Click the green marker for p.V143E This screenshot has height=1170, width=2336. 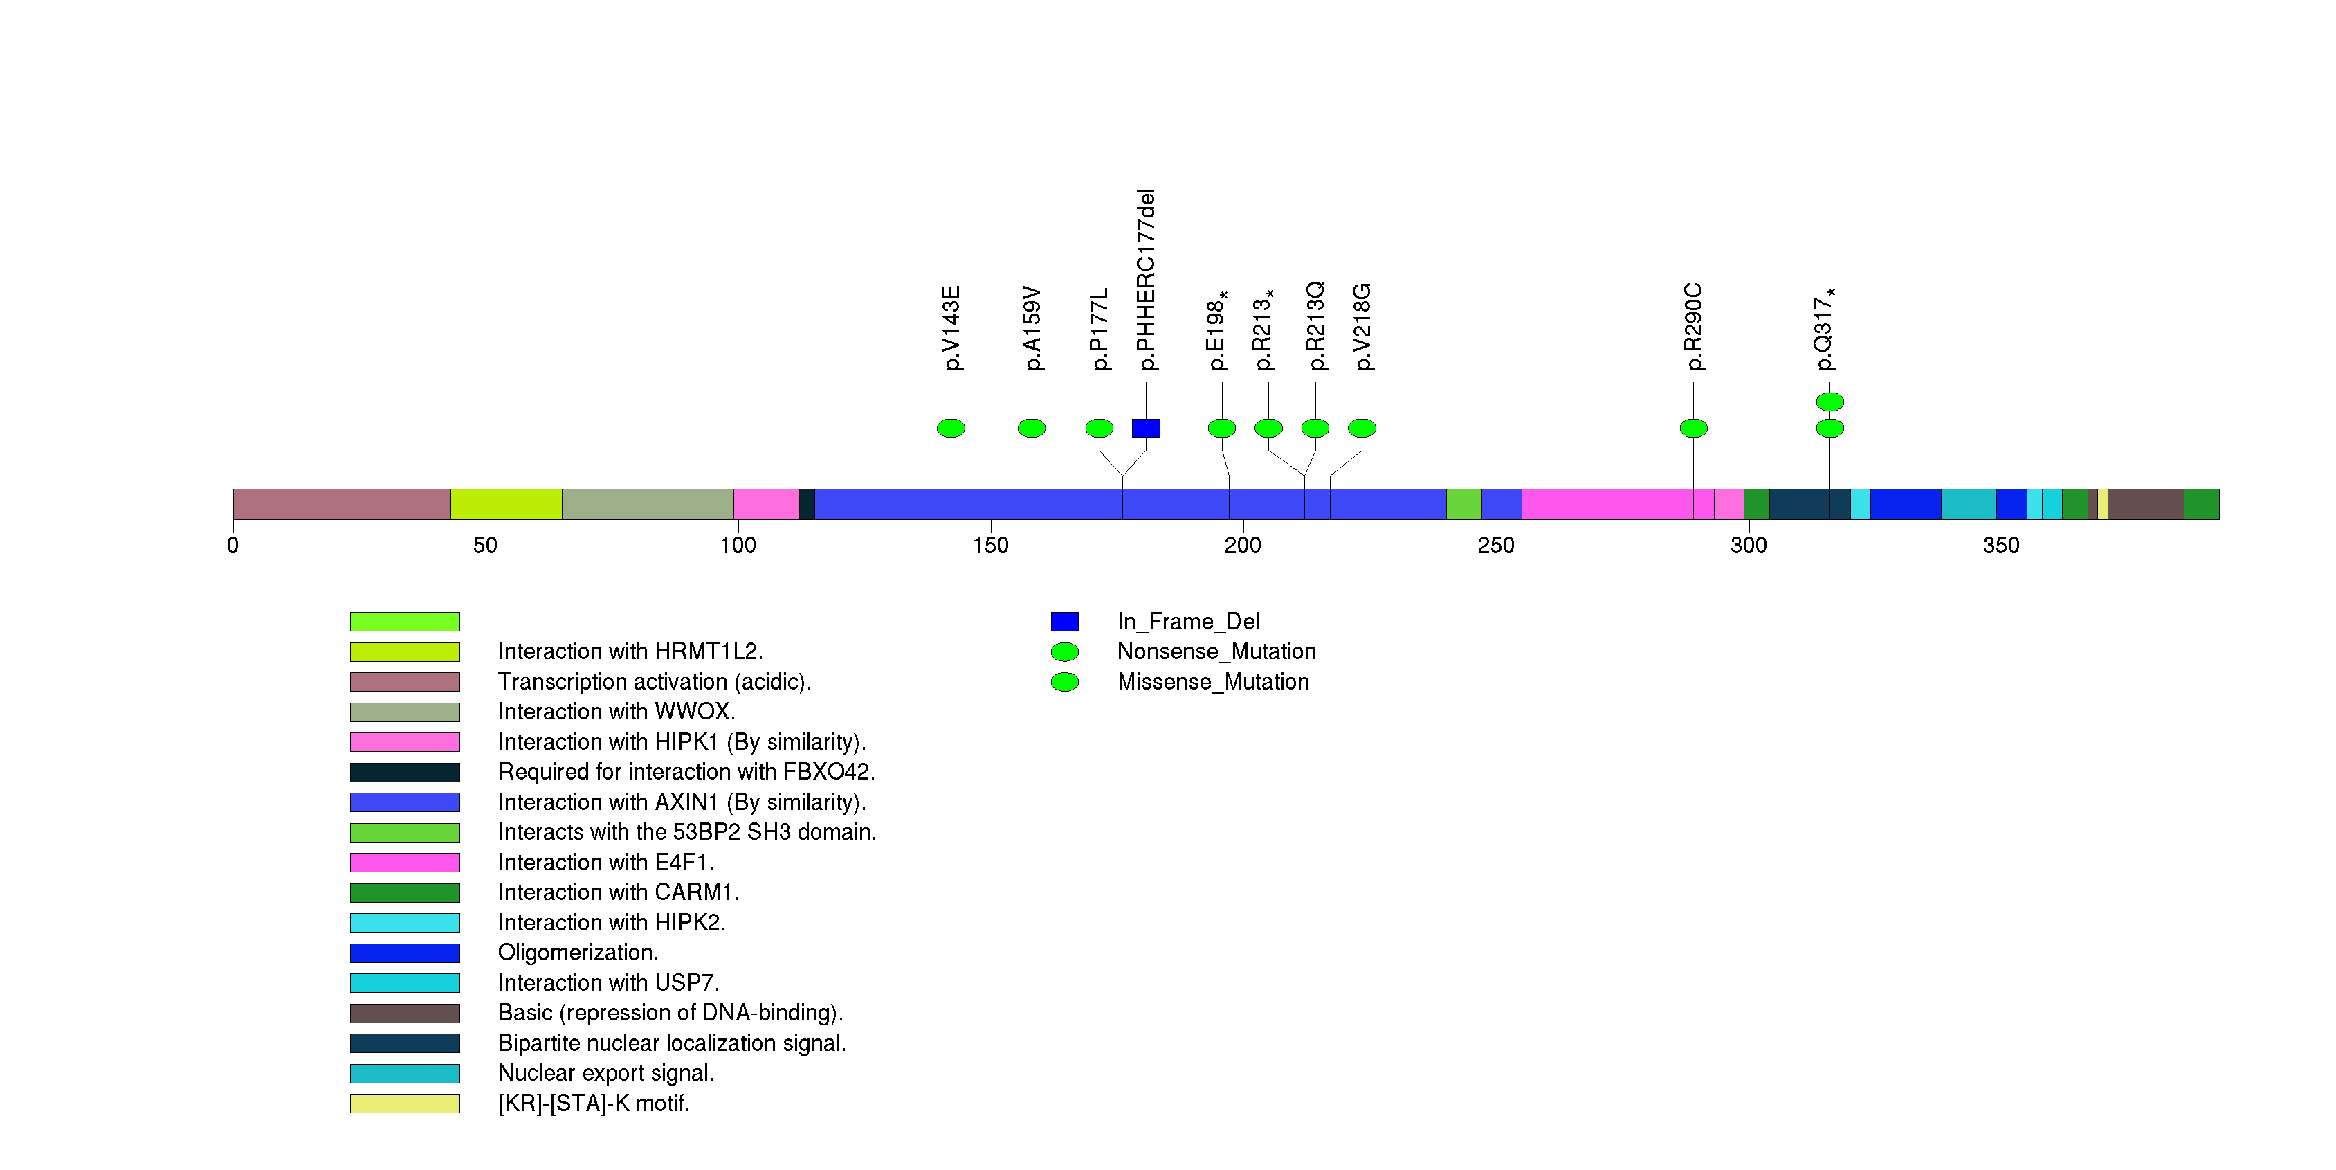(950, 428)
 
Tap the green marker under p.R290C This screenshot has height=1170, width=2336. (1693, 428)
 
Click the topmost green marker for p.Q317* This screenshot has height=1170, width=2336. (1829, 401)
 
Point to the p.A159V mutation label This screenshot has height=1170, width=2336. (1032, 328)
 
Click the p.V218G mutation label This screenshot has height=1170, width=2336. (1362, 327)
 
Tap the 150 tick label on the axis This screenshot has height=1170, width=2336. (990, 545)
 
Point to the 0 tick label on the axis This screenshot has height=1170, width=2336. (233, 545)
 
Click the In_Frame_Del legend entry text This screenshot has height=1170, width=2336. (1188, 621)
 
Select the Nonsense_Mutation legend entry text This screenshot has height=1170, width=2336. (1216, 651)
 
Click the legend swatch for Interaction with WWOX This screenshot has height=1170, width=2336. (405, 712)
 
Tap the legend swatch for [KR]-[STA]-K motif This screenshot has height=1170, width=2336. (405, 1104)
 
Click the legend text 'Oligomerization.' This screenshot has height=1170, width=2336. (578, 953)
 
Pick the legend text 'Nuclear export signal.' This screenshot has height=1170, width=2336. (605, 1073)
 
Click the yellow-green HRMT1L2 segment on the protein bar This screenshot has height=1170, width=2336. (506, 504)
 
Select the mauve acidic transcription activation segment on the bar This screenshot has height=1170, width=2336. (341, 504)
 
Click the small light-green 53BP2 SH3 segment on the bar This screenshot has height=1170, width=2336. (1463, 504)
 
